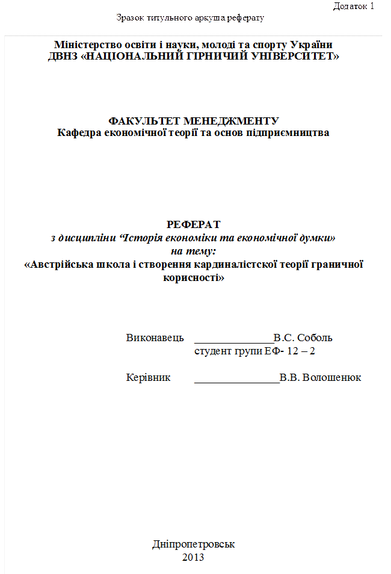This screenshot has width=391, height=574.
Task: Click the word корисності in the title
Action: click(x=191, y=277)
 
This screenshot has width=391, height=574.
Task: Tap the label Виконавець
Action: click(x=150, y=338)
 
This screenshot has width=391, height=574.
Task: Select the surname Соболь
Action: click(x=315, y=338)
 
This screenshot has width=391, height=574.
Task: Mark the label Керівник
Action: click(x=148, y=377)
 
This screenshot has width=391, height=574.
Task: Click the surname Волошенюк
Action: click(x=333, y=377)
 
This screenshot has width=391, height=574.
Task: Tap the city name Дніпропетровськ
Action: click(x=193, y=545)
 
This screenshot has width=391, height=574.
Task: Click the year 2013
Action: click(x=193, y=557)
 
